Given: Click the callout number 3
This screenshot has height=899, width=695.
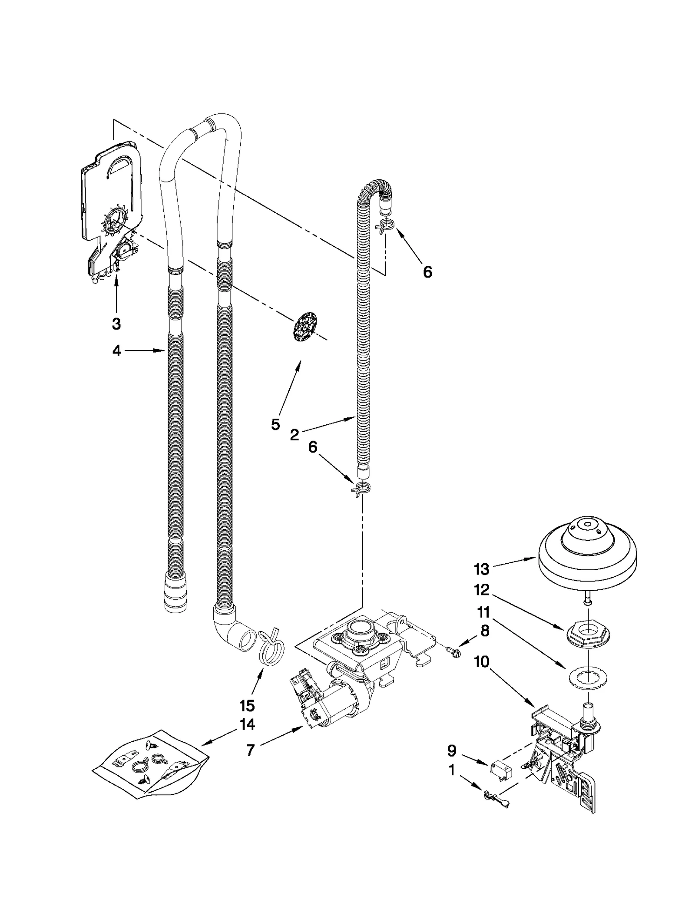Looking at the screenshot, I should tap(116, 324).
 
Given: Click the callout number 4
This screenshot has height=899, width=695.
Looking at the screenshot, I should tap(116, 350).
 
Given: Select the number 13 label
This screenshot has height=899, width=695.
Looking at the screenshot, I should tap(482, 569).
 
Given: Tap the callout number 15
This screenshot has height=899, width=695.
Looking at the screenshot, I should tap(247, 706).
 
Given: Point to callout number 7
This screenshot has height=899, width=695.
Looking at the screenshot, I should tap(250, 750).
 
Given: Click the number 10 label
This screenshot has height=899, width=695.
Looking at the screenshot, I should tap(481, 662).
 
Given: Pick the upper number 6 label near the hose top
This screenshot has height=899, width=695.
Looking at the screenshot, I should tap(427, 272).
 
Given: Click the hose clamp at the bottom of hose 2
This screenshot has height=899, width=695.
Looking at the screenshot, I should tap(361, 489).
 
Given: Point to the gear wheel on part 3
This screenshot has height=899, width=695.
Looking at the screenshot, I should tap(112, 224).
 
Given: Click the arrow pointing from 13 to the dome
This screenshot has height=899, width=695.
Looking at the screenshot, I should tap(515, 564).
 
